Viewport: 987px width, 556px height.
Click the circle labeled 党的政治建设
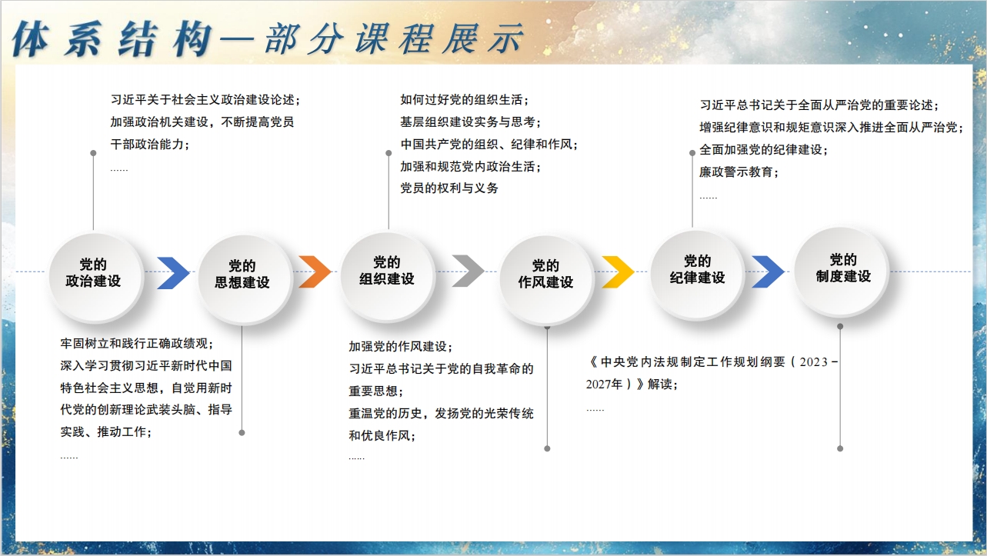[x=95, y=276]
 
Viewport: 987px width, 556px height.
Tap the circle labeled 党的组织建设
[x=388, y=275]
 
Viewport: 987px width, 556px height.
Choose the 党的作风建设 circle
[x=546, y=279]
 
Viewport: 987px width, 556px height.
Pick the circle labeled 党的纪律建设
[x=698, y=274]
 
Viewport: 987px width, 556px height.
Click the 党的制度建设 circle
[x=842, y=271]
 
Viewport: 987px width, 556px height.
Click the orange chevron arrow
[x=315, y=271]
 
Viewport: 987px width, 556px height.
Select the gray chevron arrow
[x=468, y=271]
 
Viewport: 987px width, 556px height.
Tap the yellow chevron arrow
[x=618, y=271]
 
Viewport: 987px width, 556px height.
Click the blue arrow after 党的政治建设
[x=173, y=273]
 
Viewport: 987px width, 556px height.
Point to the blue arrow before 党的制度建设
[x=768, y=271]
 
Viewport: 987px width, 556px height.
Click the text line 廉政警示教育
[x=739, y=171]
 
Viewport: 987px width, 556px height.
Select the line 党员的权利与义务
[x=449, y=188]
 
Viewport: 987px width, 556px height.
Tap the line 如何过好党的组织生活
[x=465, y=99]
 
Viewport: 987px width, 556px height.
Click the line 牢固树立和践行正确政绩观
[x=137, y=344]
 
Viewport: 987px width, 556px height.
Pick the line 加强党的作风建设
[x=401, y=347]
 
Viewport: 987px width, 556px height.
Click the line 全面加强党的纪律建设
[x=764, y=150]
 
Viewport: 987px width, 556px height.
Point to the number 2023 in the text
[x=813, y=362]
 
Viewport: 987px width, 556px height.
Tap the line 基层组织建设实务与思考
[x=471, y=122]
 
